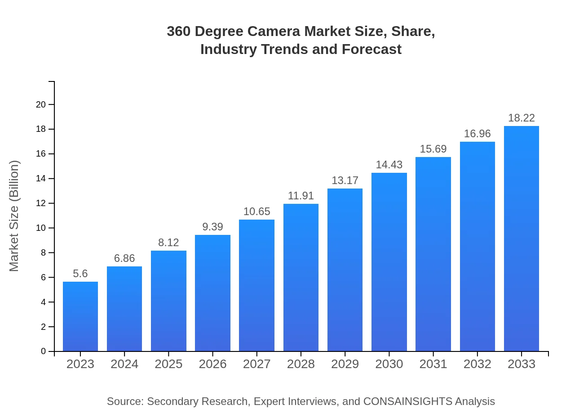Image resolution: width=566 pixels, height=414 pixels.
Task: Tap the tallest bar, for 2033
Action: pos(522,238)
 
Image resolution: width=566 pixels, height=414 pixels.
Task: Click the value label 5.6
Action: pos(80,274)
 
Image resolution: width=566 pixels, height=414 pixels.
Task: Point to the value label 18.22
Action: pos(522,118)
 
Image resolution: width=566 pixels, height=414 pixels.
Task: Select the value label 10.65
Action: pos(256,211)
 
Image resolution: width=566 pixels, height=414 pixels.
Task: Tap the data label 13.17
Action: pos(345,180)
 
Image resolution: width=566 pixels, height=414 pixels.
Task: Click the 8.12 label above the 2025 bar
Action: pos(168,243)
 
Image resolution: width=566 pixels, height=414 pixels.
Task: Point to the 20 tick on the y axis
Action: pos(41,104)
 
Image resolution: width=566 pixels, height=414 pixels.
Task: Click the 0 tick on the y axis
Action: pos(44,351)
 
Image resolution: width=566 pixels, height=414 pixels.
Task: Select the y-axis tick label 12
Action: pos(41,203)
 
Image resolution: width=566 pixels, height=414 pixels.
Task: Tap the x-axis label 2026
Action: pos(212,364)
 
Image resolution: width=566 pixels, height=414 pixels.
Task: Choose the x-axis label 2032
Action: pos(478,364)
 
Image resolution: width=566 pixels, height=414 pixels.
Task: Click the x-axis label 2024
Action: pos(124,364)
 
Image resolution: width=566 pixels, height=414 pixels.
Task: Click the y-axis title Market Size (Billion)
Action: pos(14,216)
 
